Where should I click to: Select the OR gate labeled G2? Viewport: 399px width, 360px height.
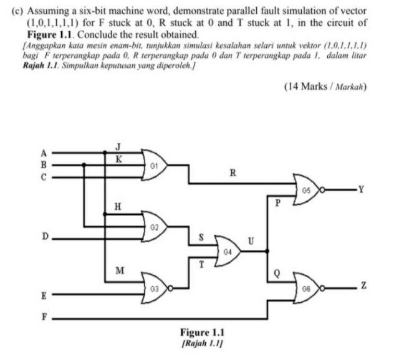[x=156, y=226]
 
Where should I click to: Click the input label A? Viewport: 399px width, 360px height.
[x=44, y=152]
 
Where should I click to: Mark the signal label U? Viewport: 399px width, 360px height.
[x=251, y=240]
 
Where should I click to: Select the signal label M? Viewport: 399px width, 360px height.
[x=120, y=270]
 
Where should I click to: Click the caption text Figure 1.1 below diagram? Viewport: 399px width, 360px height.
[x=201, y=332]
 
